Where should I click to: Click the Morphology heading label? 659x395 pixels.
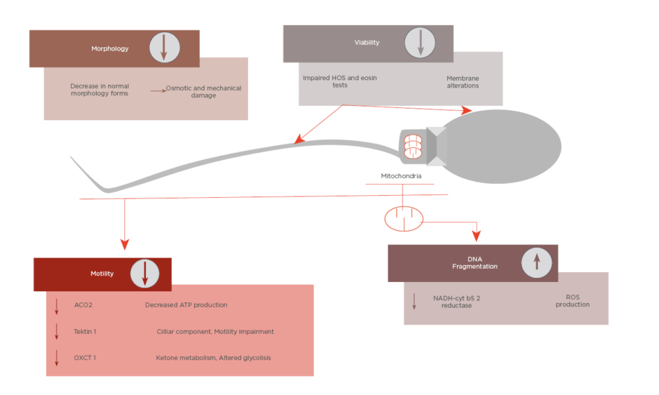pos(109,48)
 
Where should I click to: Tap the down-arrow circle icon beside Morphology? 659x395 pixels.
pos(164,48)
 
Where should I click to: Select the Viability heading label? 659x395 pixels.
pos(367,42)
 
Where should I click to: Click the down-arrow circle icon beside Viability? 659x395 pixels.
pos(420,42)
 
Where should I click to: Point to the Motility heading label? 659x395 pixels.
pos(102,274)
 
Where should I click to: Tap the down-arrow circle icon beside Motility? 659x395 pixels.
pos(144,273)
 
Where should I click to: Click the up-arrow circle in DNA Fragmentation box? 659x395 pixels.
pos(536,262)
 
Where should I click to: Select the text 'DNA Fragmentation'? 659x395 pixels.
pos(474,262)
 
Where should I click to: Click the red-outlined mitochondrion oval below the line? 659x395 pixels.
pos(404,218)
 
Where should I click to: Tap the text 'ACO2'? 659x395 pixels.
pos(83,305)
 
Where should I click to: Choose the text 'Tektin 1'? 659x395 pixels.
pos(85,331)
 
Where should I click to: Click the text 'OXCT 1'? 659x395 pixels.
pos(84,358)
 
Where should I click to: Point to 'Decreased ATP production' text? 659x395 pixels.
pos(186,305)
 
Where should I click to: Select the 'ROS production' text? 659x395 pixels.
pos(572,300)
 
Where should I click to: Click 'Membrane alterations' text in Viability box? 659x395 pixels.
pos(463,81)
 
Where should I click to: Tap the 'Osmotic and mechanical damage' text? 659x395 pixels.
pos(203,92)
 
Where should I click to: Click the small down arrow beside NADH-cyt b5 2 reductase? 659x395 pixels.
pos(414,301)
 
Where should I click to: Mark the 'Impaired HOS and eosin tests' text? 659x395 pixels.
pos(339,81)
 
